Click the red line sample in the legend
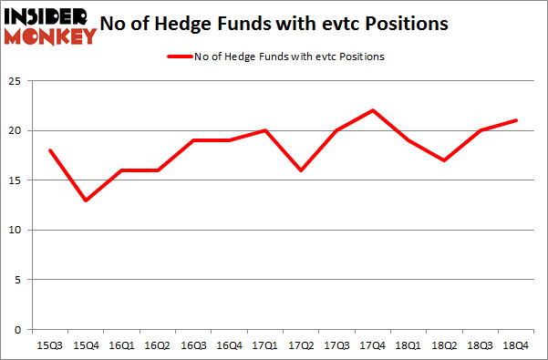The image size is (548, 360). (178, 57)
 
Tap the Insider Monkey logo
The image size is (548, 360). (49, 26)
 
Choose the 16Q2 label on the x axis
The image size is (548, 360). (158, 345)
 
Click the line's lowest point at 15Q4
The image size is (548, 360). (85, 200)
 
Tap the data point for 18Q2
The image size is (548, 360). (445, 160)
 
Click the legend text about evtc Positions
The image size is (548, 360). (289, 57)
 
